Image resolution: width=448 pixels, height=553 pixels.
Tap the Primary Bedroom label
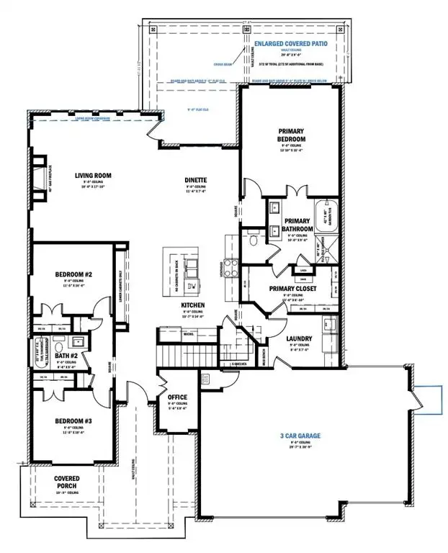pos(292,135)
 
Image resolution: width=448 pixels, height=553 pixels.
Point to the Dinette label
pos(195,180)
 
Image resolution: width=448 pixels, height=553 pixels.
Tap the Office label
pos(177,397)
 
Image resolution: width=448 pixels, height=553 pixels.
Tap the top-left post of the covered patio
pos(152,30)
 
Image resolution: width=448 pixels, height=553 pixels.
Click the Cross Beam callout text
pos(223,63)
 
